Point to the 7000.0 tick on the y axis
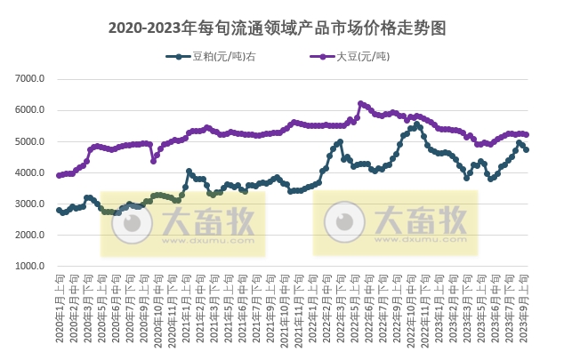click(x=29, y=80)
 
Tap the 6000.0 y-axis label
click(x=29, y=111)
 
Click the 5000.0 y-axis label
click(x=29, y=142)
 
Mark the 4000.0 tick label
click(x=29, y=173)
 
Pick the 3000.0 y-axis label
click(x=29, y=204)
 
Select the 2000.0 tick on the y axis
click(x=29, y=236)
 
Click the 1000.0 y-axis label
click(x=29, y=267)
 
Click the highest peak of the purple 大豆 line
click(x=360, y=103)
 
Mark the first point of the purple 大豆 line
click(x=59, y=175)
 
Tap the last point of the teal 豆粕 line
click(x=527, y=149)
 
